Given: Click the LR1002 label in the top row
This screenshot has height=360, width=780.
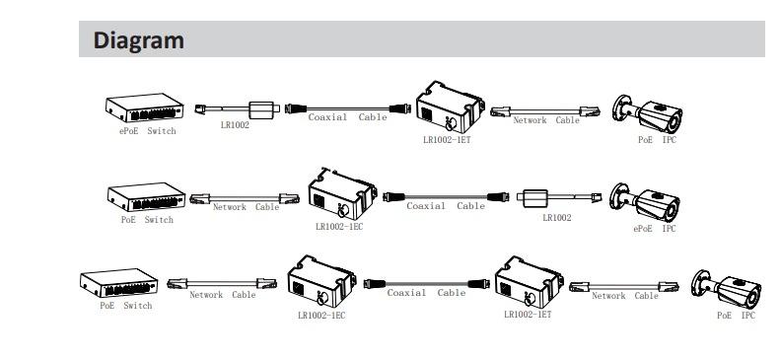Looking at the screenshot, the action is click(234, 126).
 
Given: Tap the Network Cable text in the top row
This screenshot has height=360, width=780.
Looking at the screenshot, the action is click(546, 120).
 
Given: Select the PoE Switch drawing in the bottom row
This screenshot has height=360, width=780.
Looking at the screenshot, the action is click(120, 284).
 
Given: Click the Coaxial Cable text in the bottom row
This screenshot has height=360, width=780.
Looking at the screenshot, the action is click(426, 293).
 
